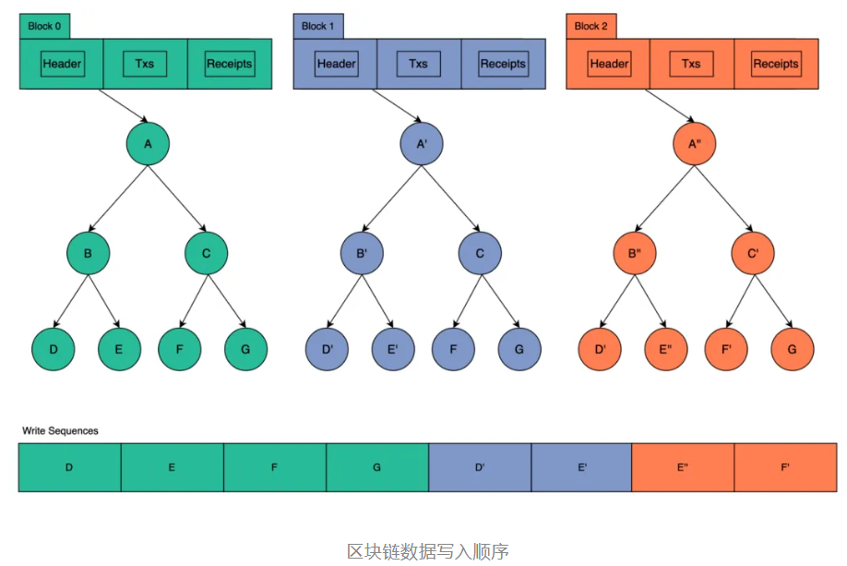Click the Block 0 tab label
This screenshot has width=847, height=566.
(x=44, y=26)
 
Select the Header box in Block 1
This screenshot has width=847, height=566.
(x=336, y=64)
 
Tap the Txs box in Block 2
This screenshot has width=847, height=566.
(x=691, y=64)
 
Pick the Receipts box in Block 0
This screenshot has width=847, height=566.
(x=229, y=64)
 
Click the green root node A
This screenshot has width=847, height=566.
(x=148, y=144)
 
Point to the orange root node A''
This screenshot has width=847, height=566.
(x=694, y=144)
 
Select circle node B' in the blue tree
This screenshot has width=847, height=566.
(x=362, y=252)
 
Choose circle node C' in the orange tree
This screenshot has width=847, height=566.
(x=753, y=252)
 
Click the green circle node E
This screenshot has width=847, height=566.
(x=119, y=350)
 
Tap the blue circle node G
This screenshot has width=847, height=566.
(x=519, y=350)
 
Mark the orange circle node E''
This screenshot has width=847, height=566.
(x=665, y=350)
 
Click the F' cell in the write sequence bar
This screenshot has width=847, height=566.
(x=784, y=467)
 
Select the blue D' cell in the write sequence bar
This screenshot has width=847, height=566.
(x=480, y=467)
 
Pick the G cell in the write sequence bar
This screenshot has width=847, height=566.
(x=376, y=467)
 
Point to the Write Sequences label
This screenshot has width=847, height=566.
(x=60, y=430)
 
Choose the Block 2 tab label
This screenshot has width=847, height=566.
(x=591, y=26)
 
